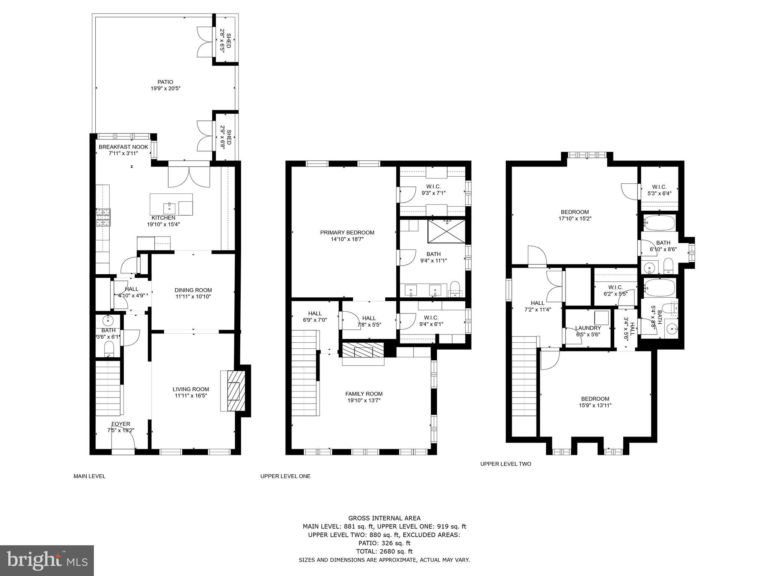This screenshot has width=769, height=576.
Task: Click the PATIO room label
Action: (165, 82)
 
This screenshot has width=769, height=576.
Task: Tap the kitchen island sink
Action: (169, 207)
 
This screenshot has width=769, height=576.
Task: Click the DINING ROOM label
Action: (193, 290)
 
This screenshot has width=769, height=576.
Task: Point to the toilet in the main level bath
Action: (109, 349)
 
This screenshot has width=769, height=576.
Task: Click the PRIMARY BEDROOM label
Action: (347, 232)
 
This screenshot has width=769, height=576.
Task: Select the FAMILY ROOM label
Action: (364, 394)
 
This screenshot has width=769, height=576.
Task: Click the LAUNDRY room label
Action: (588, 328)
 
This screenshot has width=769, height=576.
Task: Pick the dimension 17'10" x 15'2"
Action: (575, 219)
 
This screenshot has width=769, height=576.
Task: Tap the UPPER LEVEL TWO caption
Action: (505, 464)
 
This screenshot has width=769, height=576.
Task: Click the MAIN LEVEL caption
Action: (89, 476)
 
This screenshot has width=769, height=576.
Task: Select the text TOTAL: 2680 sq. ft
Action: (384, 551)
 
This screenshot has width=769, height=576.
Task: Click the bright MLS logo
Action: (47, 560)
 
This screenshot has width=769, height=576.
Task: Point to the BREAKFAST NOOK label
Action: (123, 147)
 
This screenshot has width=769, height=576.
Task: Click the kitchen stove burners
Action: (104, 217)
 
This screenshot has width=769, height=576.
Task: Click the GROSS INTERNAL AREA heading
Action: (384, 518)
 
